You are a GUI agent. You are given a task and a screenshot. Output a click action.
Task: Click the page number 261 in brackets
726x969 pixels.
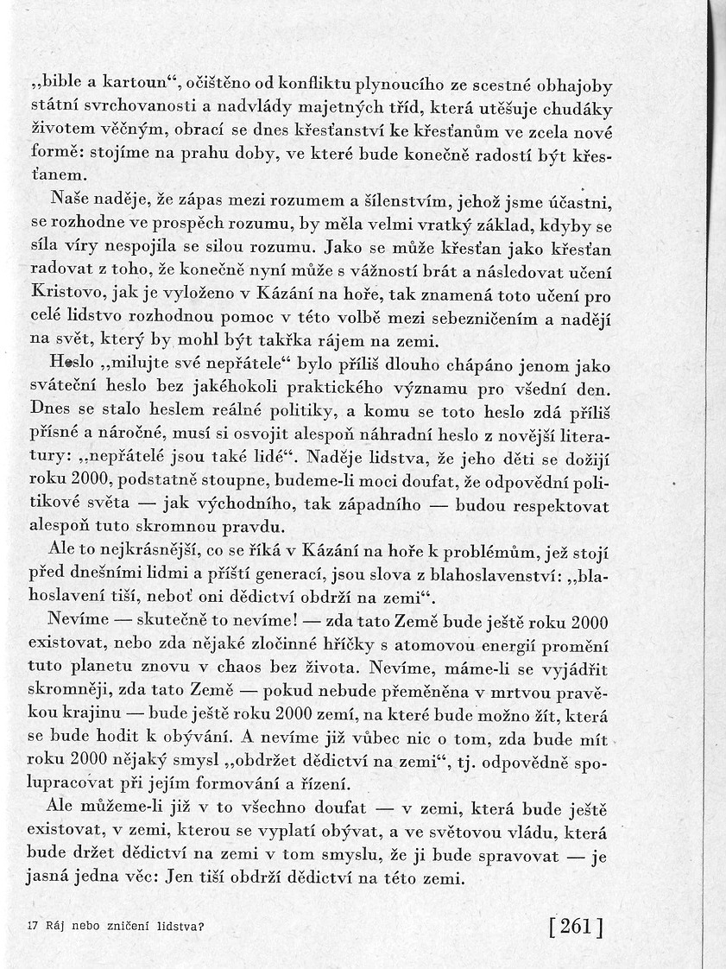(575, 926)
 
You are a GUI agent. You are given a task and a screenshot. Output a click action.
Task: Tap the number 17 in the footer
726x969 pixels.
(34, 927)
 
